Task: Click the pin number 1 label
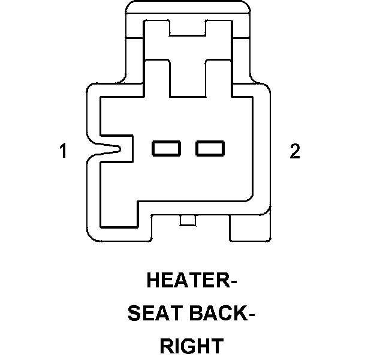(x=63, y=151)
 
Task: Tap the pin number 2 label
(x=294, y=151)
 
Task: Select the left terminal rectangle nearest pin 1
(x=167, y=148)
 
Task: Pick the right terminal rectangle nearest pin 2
(x=209, y=148)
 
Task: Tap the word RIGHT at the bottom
(x=191, y=346)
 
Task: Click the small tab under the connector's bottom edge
(x=188, y=221)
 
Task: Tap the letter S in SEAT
(x=134, y=313)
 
